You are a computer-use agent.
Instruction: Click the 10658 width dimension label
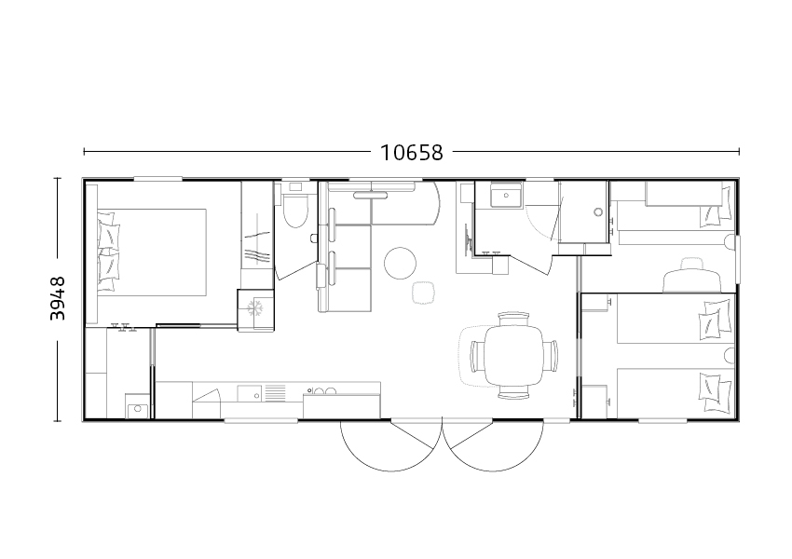click(411, 153)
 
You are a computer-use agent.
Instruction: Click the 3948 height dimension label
click(58, 298)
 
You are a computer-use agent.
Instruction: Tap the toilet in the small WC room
click(295, 211)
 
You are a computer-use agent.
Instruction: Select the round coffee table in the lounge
click(400, 263)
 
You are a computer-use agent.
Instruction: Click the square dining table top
click(513, 357)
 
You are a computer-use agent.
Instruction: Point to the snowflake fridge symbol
click(255, 307)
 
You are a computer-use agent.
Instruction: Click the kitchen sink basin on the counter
click(250, 393)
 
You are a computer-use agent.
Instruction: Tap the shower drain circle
click(598, 212)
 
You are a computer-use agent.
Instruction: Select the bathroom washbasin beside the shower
click(506, 195)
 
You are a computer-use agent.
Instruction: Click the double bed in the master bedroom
click(152, 252)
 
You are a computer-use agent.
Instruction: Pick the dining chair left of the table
click(477, 357)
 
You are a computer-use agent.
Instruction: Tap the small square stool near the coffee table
click(423, 293)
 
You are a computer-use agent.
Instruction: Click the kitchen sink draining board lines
click(275, 393)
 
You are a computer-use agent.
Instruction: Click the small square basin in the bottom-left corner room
click(138, 409)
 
